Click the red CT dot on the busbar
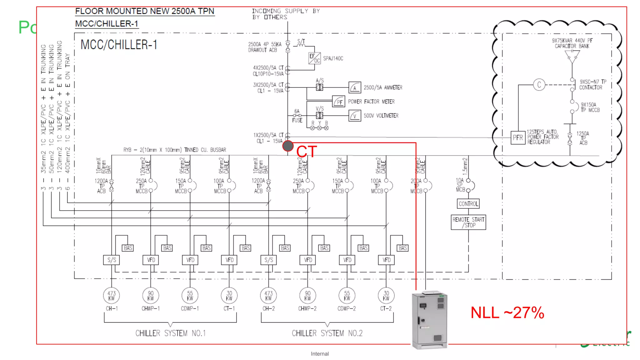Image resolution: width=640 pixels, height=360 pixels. (288, 146)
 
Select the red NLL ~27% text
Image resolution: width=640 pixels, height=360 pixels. (507, 313)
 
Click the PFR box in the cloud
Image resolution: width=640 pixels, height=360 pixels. (518, 137)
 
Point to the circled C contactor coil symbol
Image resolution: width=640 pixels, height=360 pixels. (539, 85)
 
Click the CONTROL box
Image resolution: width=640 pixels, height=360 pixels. (468, 204)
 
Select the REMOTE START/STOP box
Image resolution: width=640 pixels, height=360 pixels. (468, 222)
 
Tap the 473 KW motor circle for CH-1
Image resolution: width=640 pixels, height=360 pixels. (112, 295)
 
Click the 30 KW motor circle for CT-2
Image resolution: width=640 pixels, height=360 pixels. (386, 295)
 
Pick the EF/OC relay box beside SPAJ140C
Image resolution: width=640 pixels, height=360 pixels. (314, 58)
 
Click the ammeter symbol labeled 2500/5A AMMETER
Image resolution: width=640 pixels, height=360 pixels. (355, 87)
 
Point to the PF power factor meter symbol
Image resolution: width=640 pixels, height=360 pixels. (339, 102)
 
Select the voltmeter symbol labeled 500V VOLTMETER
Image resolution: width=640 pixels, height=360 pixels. (355, 116)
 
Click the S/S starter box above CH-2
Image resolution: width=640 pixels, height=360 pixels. (268, 260)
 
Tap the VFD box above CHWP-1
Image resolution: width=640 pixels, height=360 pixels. (151, 260)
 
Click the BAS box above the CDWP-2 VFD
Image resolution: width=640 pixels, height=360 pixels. (363, 248)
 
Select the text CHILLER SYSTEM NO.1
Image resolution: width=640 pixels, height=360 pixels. (170, 333)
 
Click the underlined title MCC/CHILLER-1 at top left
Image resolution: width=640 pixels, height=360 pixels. (107, 24)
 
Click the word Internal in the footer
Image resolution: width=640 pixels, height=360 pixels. (320, 354)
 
